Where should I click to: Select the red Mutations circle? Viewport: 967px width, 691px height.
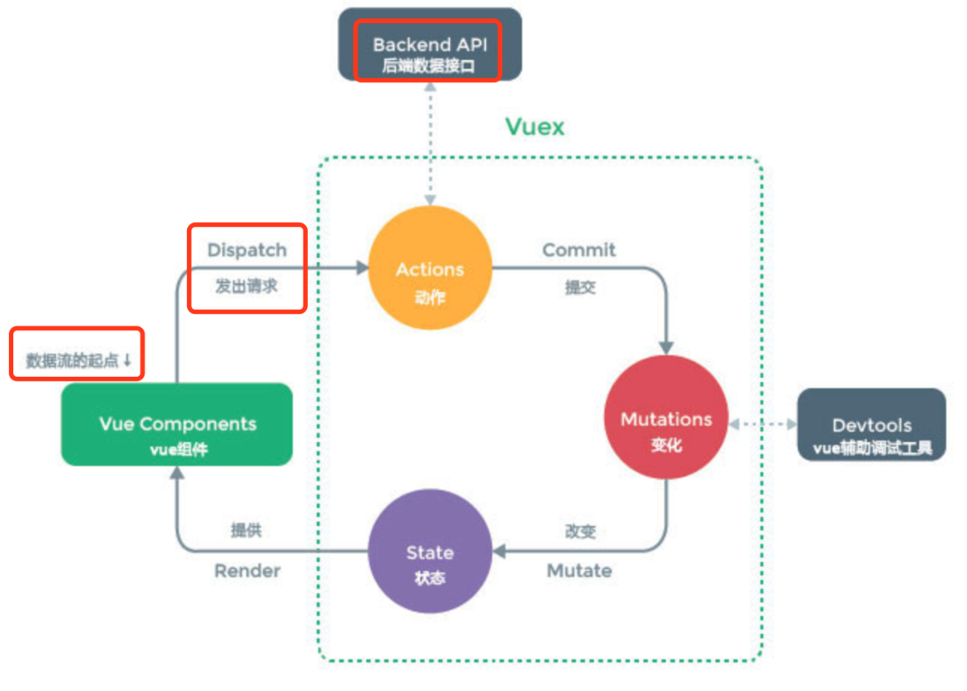coord(666,419)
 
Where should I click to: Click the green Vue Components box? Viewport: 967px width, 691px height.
coord(176,424)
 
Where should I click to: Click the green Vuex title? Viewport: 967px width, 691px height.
coord(535,127)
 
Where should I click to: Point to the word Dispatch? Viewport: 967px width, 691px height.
coord(247,250)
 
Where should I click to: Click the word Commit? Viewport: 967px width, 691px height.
coord(579,250)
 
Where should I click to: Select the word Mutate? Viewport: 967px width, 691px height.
coord(579,571)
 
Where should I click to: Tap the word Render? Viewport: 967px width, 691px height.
coord(247,571)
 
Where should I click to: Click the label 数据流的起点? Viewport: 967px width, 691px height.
coord(72,360)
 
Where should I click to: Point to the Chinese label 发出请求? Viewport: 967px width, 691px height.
coord(246,286)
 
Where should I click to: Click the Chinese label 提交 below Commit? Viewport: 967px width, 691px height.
coord(579,287)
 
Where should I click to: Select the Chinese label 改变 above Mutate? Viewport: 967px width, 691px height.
coord(580,531)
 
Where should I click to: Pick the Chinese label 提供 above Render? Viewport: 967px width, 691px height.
coord(246,531)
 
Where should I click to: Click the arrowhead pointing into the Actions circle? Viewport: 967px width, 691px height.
coord(361,267)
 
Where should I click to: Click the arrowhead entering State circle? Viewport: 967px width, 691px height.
coord(498,552)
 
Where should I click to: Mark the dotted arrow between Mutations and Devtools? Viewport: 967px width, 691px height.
coord(762,424)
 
